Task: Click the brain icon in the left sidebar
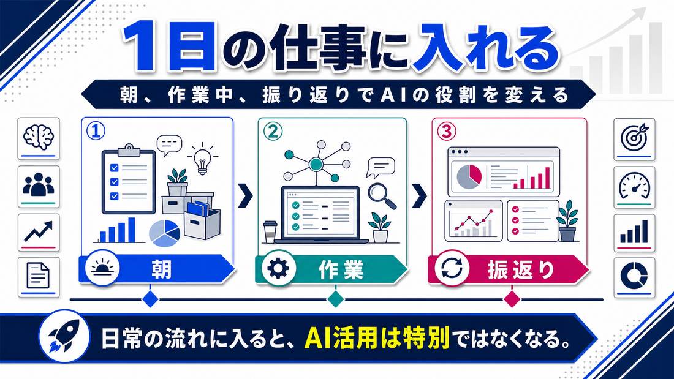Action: pos(38,137)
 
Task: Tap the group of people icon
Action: pos(38,185)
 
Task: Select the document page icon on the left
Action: pos(38,276)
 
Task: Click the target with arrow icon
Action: pos(634,137)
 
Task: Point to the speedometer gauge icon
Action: pos(634,185)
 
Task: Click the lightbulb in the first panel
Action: pos(202,159)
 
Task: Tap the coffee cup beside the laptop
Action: pos(270,232)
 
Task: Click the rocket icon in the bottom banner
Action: pos(64,336)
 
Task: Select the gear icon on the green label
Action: pos(278,269)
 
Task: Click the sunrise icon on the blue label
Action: pos(102,268)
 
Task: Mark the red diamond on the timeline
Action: pos(512,299)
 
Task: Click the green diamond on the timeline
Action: pos(335,299)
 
